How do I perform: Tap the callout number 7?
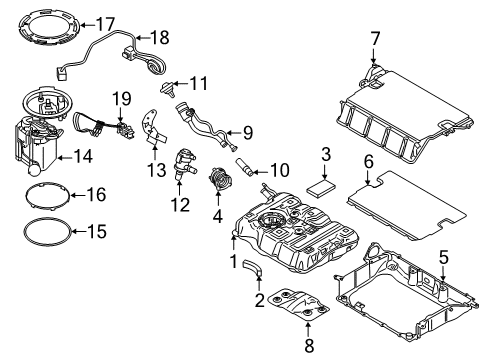375,39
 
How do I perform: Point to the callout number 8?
307,345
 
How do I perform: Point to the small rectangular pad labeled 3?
322,186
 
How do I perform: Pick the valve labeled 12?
184,162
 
